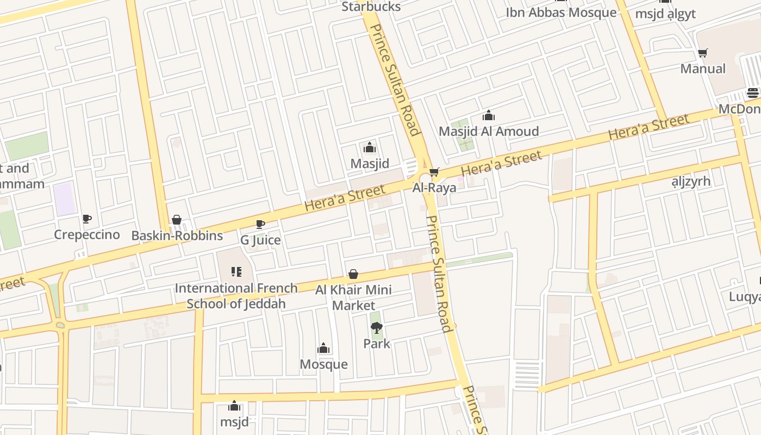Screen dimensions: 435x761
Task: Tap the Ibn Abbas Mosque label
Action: [x=561, y=13]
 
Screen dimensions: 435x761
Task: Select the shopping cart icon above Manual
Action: [x=702, y=53]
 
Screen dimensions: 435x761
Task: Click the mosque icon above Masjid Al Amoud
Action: [x=489, y=116]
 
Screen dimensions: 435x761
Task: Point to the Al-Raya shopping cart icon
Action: [x=434, y=173]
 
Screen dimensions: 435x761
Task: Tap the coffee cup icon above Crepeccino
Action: [x=87, y=219]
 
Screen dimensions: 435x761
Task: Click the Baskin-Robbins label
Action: [x=177, y=235]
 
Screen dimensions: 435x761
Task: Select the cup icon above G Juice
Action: [x=260, y=224]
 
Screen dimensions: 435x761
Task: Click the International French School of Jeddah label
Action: [x=236, y=296]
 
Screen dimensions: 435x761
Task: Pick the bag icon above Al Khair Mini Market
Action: [x=353, y=274]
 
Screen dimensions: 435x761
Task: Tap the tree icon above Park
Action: [x=376, y=327]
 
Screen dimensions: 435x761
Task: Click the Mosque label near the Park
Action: [x=323, y=364]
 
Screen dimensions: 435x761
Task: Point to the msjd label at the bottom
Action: [x=234, y=421]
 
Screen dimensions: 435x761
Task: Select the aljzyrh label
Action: [x=691, y=181]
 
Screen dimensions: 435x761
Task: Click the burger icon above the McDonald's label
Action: [x=753, y=93]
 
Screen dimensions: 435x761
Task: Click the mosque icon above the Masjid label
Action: [x=370, y=148]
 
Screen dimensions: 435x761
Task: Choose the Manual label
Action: [x=703, y=69]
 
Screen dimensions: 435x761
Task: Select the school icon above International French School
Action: [x=236, y=271]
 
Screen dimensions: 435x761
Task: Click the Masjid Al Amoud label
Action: [x=489, y=131]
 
